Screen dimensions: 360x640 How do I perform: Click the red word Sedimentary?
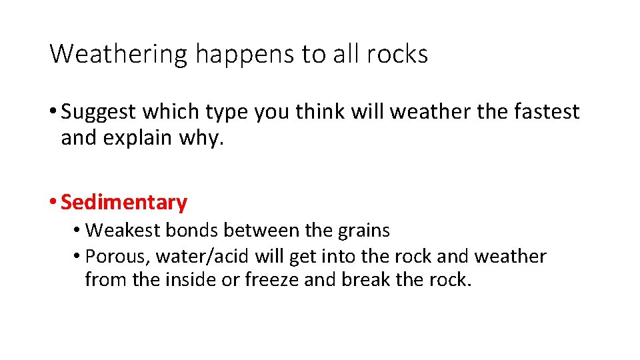click(x=124, y=202)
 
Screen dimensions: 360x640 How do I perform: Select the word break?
click(x=365, y=279)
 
